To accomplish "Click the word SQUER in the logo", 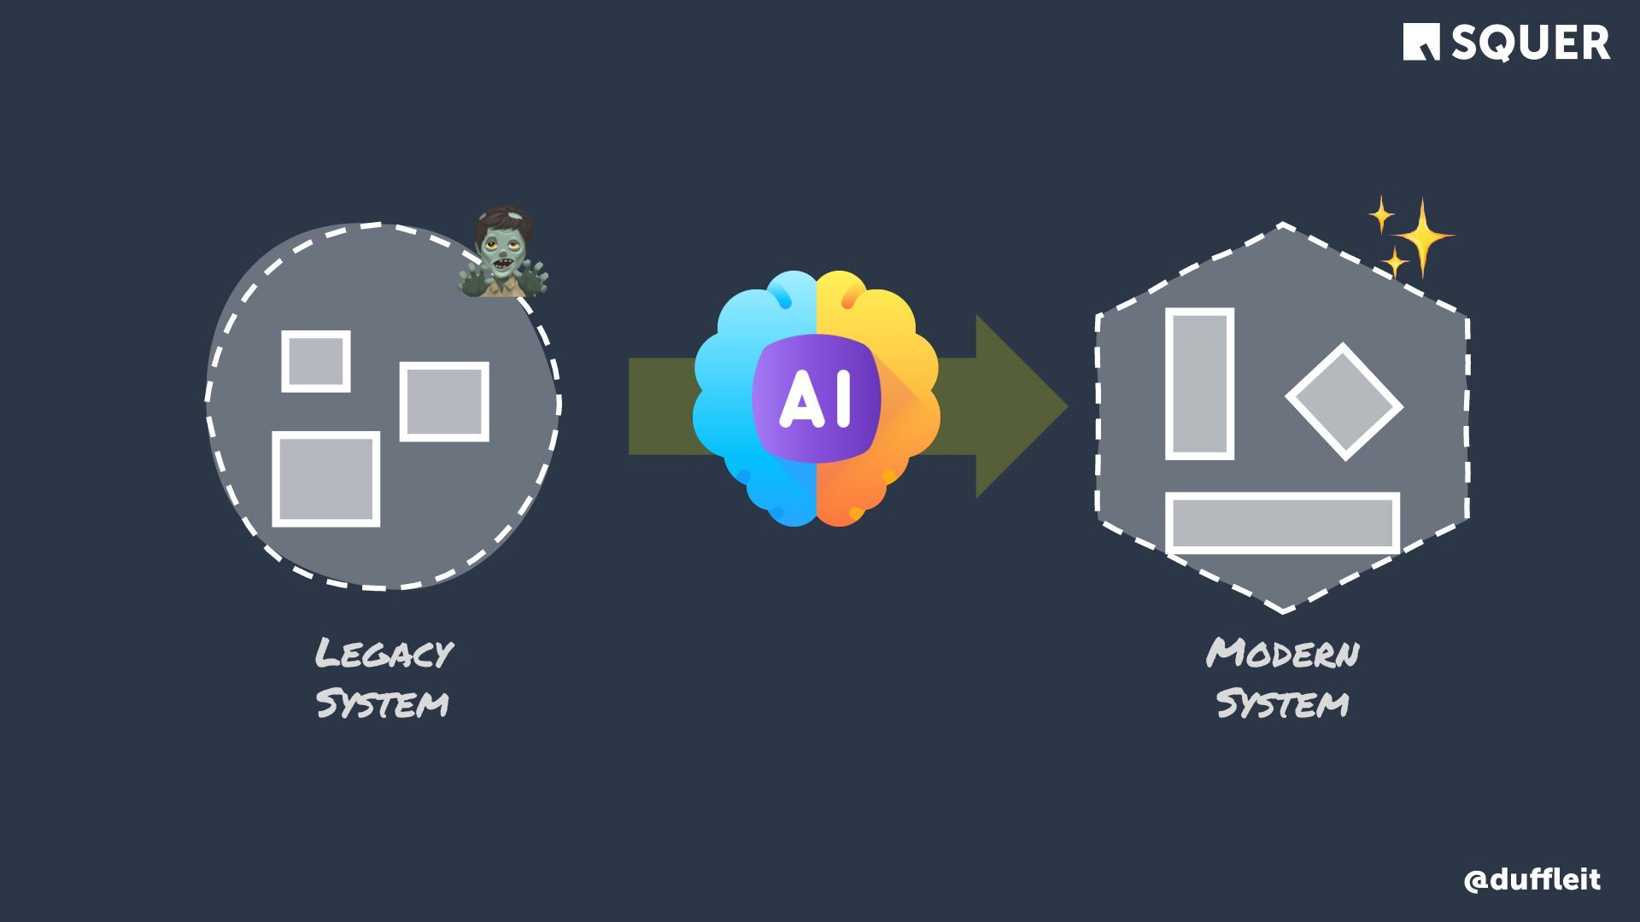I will point(1530,43).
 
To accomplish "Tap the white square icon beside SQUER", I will point(1421,42).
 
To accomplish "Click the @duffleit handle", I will point(1532,879).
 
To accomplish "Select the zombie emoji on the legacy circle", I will point(502,253).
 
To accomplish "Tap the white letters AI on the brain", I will point(816,399).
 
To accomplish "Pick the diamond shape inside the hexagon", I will point(1344,402).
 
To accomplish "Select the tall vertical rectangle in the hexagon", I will point(1199,384).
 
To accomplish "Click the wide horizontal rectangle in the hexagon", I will point(1282,522).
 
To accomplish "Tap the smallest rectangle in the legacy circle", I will point(316,361).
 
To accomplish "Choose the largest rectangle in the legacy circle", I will point(325,479).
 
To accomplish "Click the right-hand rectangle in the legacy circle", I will point(444,401).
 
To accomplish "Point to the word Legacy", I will point(384,654).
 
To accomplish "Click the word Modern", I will point(1282,654).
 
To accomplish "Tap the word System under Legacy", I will point(382,704).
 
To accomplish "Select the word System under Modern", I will point(1282,704).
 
